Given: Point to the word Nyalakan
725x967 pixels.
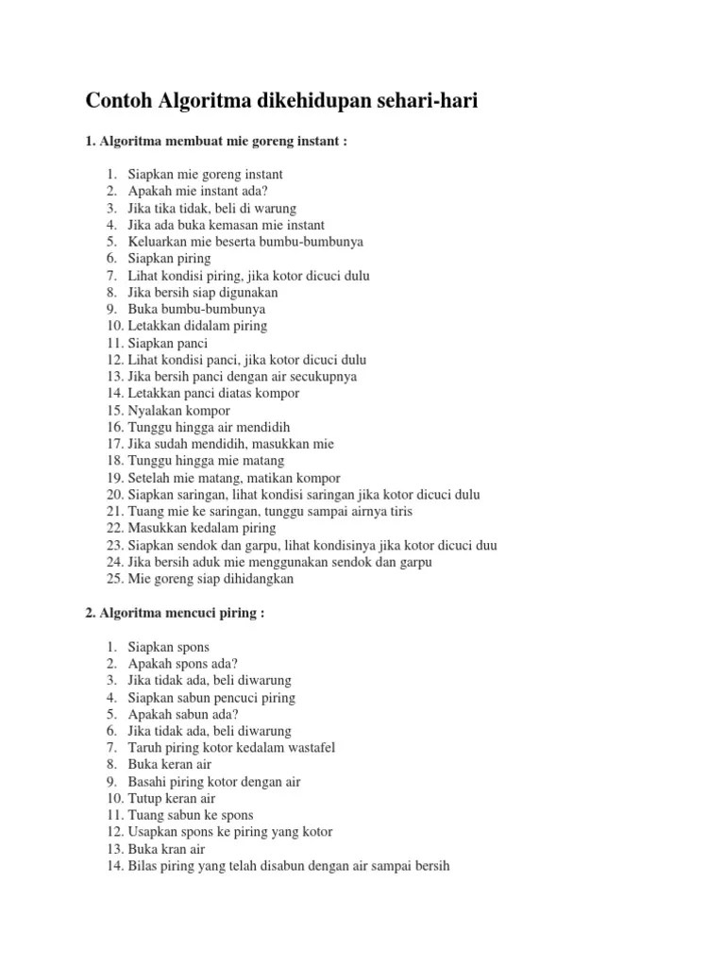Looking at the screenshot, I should pos(154,411).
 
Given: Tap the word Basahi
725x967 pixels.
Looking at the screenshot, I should pos(148,781).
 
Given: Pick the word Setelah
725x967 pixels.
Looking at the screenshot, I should pos(149,478).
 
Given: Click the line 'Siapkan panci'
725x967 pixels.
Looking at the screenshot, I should pos(168,343).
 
